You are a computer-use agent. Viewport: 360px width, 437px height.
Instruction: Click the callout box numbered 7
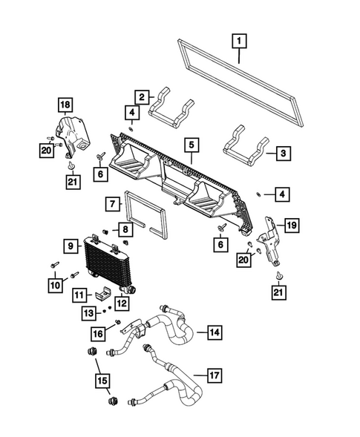[x=111, y=203]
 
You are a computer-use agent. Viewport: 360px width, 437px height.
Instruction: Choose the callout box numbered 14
[x=214, y=332]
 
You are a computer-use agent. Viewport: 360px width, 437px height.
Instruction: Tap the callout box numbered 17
[x=214, y=376]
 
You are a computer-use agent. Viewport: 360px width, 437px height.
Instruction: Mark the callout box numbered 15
[x=100, y=382]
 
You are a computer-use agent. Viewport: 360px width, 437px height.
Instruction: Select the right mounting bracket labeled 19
[x=272, y=239]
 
